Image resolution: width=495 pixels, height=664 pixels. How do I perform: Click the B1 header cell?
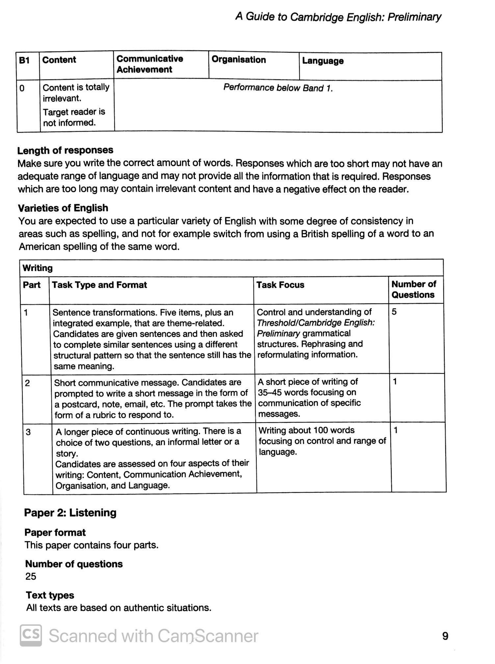[24, 60]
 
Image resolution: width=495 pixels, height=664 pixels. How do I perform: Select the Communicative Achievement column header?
[150, 64]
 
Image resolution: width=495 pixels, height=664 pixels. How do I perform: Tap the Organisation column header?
[239, 60]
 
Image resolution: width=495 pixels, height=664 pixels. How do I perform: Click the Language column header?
[323, 61]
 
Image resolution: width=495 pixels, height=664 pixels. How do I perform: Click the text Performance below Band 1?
[278, 88]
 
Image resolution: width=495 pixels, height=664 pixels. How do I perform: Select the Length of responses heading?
[65, 151]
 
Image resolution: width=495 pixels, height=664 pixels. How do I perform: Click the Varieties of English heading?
[63, 208]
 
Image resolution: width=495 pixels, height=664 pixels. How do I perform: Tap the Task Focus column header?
[280, 285]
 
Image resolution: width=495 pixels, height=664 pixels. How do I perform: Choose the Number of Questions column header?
[413, 290]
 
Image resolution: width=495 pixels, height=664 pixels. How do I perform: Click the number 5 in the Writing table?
[394, 312]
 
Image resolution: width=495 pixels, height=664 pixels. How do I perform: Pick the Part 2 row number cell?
[27, 383]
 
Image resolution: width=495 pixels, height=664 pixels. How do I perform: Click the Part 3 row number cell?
[28, 432]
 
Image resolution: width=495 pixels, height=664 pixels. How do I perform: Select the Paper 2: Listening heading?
[70, 513]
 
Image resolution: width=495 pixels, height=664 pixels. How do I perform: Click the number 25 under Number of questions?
[31, 576]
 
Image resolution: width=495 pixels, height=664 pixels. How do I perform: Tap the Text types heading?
[50, 595]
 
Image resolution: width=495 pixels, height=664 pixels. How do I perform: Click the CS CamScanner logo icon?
[31, 635]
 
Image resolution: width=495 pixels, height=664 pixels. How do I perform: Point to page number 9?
[445, 636]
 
